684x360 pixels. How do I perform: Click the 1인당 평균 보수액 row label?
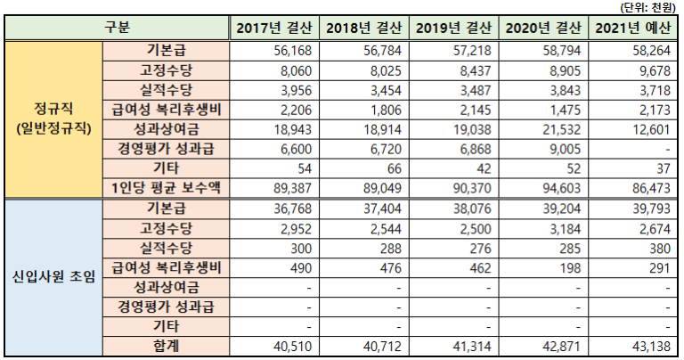coord(166,185)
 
